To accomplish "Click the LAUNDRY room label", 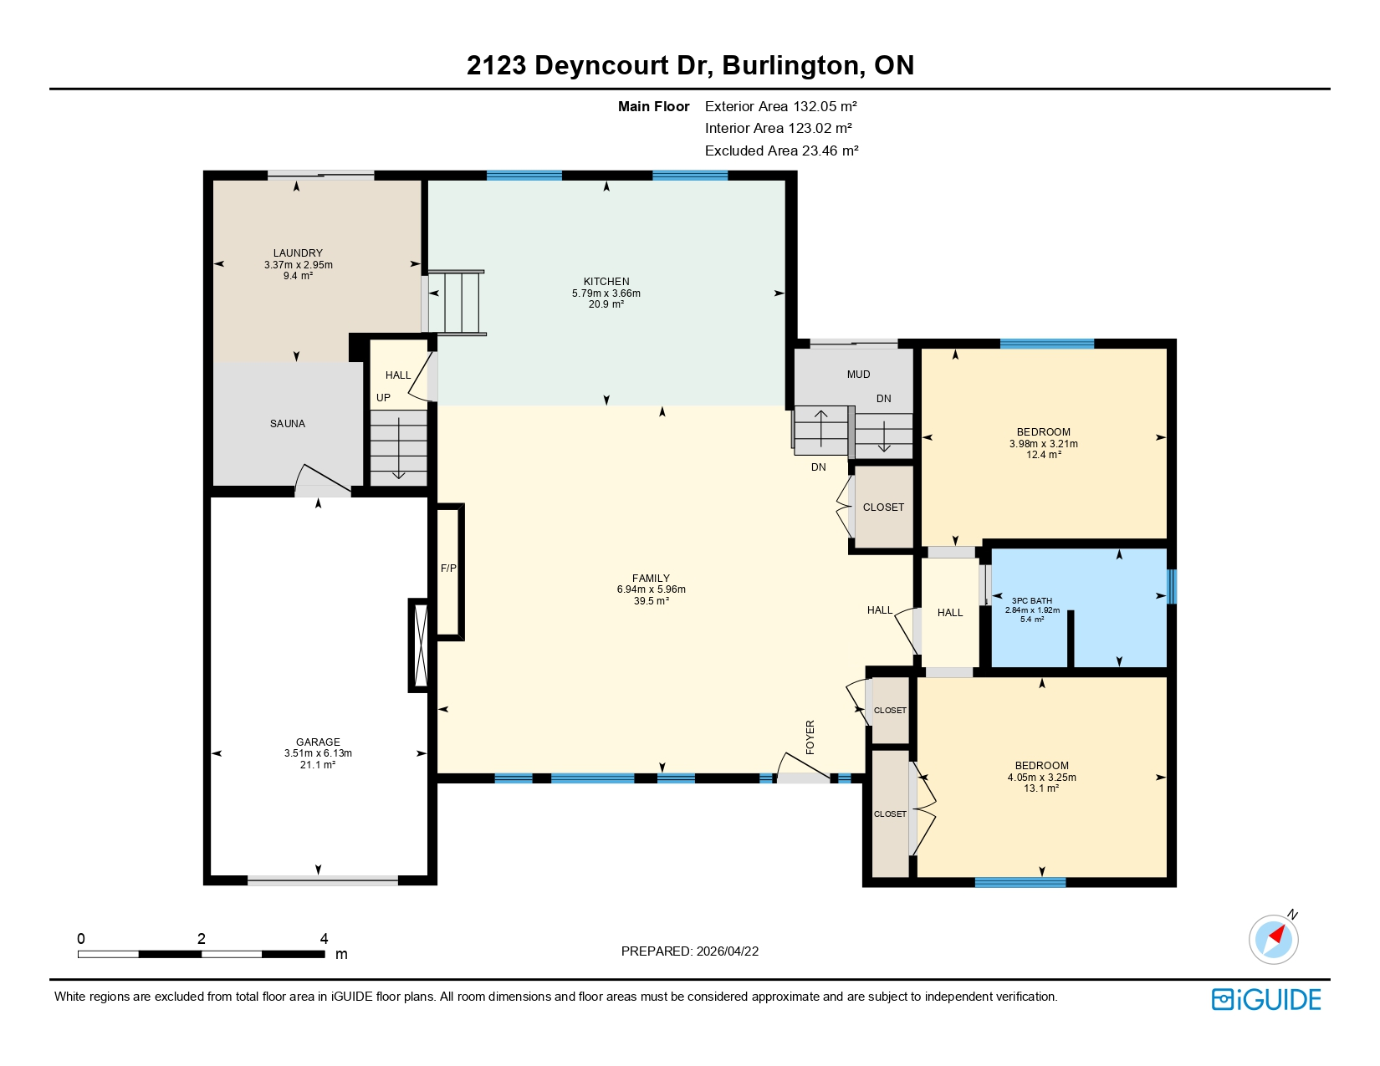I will coord(298,253).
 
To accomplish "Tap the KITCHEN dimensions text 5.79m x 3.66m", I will coord(606,293).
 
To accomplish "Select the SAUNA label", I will coord(288,424).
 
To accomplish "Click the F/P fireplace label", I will coord(448,569).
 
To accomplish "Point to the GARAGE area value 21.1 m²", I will coord(318,765).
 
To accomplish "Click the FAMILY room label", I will coord(651,579).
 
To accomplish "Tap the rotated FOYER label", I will coord(810,737).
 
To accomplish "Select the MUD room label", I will coord(858,375).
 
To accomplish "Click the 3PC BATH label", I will coord(1032,601).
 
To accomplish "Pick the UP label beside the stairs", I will coord(383,398).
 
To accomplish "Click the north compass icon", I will coord(1274,938).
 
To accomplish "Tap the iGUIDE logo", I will coord(1266,1000).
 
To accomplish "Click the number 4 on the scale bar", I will coord(325,939).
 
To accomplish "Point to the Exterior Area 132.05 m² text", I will coord(781,106).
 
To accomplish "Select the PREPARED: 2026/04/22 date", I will coord(690,951).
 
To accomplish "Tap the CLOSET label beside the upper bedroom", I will coord(883,507).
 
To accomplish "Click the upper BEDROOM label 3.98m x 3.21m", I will coord(1044,444).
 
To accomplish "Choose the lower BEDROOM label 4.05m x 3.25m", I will coord(1042,778).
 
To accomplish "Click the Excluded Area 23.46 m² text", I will coord(781,151).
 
